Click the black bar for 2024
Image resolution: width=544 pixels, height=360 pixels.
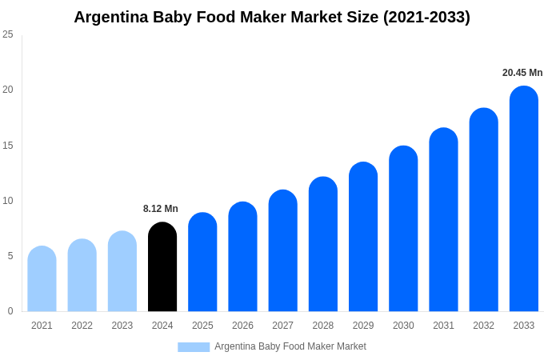pyautogui.click(x=162, y=267)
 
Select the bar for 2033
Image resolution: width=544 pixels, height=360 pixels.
pyautogui.click(x=523, y=199)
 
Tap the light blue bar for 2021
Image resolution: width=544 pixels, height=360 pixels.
pyautogui.click(x=42, y=279)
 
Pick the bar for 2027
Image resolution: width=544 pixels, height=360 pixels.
pyautogui.click(x=282, y=251)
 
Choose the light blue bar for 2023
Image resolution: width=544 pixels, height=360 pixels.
pyautogui.click(x=122, y=272)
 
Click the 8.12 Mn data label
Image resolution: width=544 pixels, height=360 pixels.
pyautogui.click(x=161, y=209)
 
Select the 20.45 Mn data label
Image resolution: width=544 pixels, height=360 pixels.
pyautogui.click(x=522, y=73)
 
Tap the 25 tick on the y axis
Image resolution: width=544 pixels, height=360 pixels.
pyautogui.click(x=8, y=34)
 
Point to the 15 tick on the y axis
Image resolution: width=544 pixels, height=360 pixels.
pyautogui.click(x=8, y=145)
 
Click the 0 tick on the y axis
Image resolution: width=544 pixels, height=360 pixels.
pyautogui.click(x=10, y=311)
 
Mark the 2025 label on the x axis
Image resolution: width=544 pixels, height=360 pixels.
pyautogui.click(x=202, y=326)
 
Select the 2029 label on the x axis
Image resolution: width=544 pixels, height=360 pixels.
pyautogui.click(x=363, y=326)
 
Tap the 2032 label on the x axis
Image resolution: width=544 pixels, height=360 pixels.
pyautogui.click(x=483, y=326)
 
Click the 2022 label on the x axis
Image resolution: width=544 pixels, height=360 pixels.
pyautogui.click(x=82, y=326)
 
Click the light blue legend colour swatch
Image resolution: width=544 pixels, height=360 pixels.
pyautogui.click(x=194, y=347)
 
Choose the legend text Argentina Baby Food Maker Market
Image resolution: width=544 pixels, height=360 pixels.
pyautogui.click(x=290, y=346)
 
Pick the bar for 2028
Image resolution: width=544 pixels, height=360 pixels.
pyautogui.click(x=322, y=245)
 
